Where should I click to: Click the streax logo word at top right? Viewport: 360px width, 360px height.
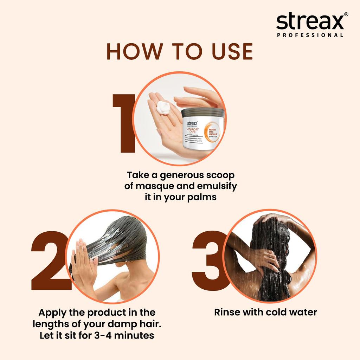coord(309,22)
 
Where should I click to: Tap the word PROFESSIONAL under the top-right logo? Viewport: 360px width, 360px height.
coord(310,35)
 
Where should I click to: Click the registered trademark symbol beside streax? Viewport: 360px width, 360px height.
coord(346,14)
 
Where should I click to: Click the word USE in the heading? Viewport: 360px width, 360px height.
coord(231,52)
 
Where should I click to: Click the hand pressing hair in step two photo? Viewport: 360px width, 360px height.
coord(82,262)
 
